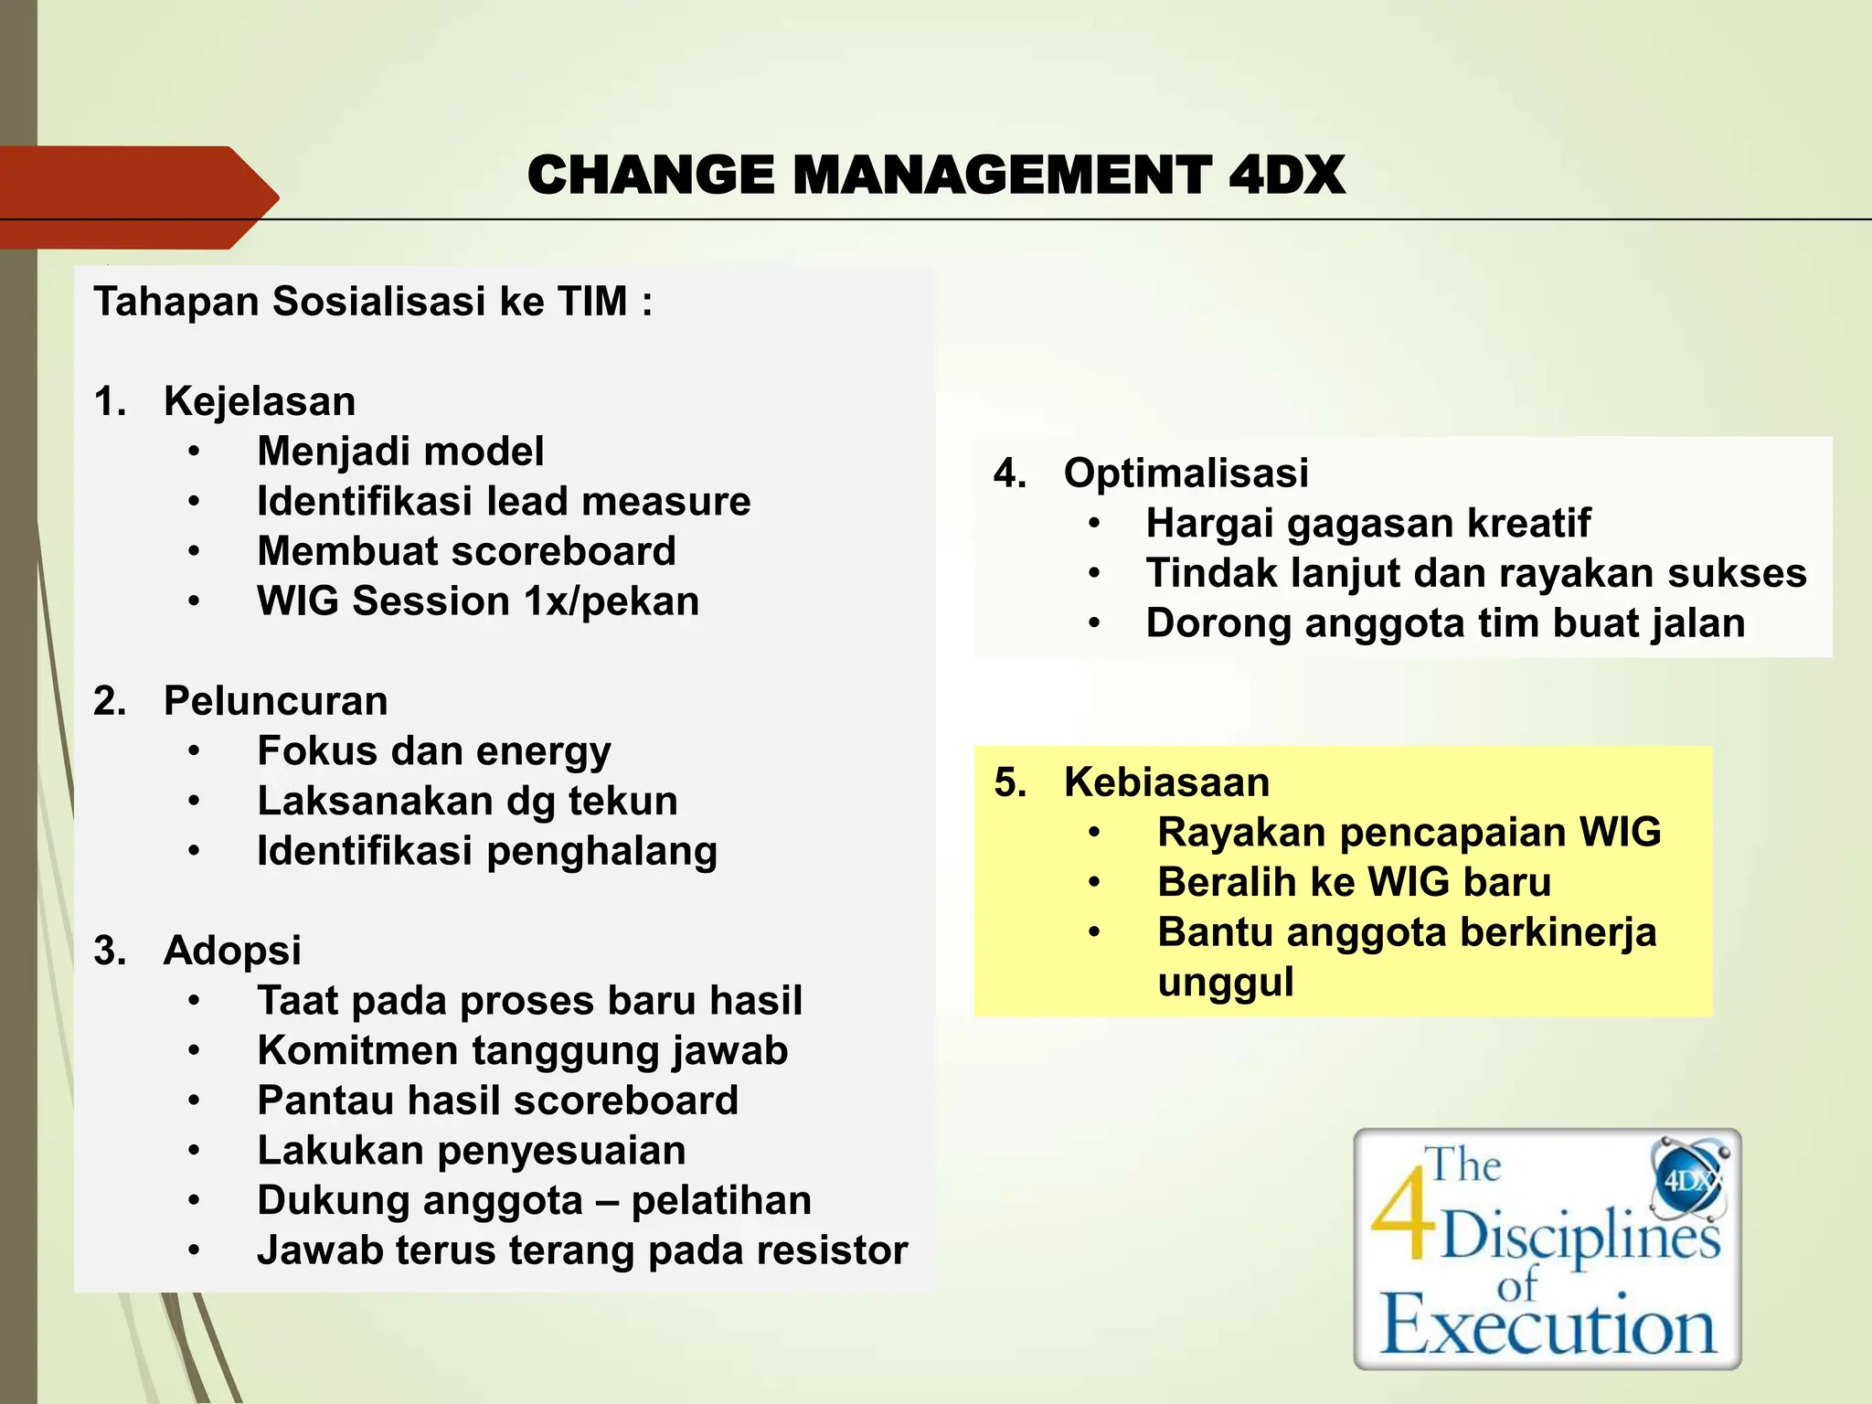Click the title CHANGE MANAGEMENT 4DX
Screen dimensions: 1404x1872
click(936, 175)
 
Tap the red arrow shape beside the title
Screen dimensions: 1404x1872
click(137, 197)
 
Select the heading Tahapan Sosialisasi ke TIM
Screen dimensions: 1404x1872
click(373, 302)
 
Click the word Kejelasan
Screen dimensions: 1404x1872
click(260, 401)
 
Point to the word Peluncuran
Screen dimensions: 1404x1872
click(275, 701)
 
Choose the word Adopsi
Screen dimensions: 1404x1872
click(232, 951)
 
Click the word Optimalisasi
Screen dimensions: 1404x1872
click(1186, 473)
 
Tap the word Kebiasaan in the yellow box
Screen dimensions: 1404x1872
click(1166, 782)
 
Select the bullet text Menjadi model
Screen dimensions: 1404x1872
click(400, 452)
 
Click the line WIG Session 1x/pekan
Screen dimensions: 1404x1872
click(478, 601)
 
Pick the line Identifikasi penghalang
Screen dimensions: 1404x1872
click(487, 851)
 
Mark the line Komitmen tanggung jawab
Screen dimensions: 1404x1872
click(523, 1050)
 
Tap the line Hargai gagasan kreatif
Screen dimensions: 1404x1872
click(1367, 524)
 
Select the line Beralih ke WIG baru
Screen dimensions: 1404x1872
click(1354, 883)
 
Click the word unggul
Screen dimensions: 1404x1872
click(1225, 983)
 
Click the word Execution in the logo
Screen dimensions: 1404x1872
click(1548, 1325)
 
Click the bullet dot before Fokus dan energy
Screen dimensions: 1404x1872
click(194, 751)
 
